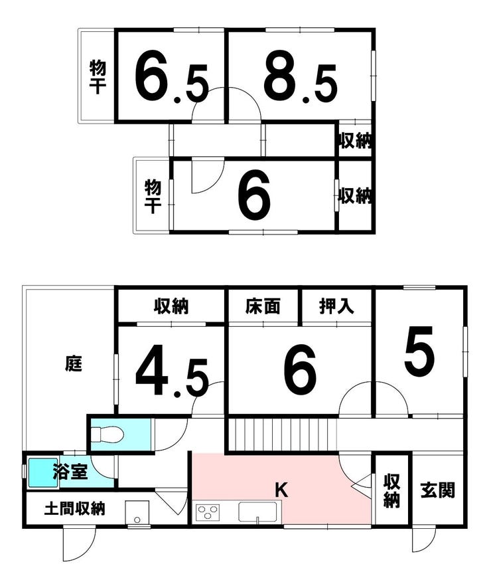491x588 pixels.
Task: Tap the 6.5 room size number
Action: click(x=171, y=79)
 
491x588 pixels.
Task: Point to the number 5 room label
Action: click(x=419, y=351)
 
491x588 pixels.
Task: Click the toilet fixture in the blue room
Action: click(x=107, y=435)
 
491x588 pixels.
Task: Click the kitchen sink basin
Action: click(x=258, y=512)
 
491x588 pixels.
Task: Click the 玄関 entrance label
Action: click(x=437, y=490)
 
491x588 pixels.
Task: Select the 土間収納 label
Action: click(x=75, y=508)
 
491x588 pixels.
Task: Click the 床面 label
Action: click(x=263, y=306)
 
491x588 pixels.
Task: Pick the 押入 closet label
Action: click(x=336, y=306)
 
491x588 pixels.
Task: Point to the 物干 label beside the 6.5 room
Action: click(x=98, y=77)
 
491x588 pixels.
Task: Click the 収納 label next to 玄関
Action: click(x=391, y=491)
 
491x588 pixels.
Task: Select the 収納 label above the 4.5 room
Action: click(x=171, y=306)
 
